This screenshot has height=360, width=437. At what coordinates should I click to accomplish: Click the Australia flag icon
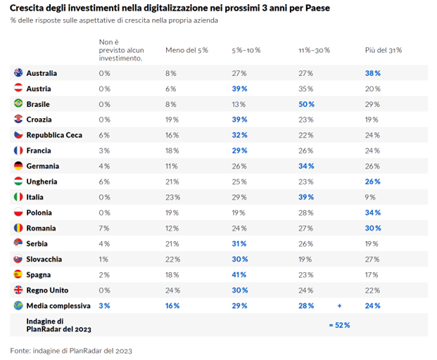(18, 73)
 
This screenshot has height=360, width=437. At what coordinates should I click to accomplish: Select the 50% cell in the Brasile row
(306, 104)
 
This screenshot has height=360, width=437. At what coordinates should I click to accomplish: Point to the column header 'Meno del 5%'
(186, 51)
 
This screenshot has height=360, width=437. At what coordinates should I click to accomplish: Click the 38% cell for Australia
(373, 73)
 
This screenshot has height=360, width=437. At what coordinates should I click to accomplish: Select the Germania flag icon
(18, 166)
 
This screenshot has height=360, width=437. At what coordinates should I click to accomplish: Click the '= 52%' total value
(339, 325)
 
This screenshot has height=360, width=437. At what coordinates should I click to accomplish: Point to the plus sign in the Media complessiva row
(339, 306)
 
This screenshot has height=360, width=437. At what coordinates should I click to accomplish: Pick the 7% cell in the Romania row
(104, 228)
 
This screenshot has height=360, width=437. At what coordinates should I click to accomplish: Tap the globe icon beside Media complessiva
(18, 306)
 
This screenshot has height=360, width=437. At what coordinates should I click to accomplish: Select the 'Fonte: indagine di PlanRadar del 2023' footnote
(71, 349)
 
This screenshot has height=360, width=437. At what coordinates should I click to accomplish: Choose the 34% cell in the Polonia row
(373, 212)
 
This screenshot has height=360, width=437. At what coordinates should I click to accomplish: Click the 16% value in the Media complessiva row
(172, 306)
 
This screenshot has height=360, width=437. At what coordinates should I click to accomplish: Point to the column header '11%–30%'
(314, 51)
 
